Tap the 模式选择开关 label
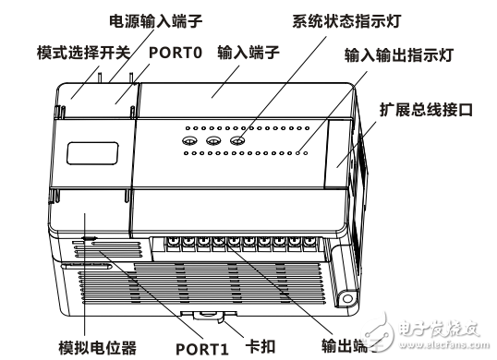pyautogui.click(x=75, y=53)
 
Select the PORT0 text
pyautogui.click(x=174, y=53)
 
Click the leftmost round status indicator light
pyautogui.click(x=189, y=142)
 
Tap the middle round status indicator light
pyautogui.click(x=213, y=142)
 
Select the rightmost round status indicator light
pyautogui.click(x=237, y=142)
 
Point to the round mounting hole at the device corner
pyautogui.click(x=348, y=298)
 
